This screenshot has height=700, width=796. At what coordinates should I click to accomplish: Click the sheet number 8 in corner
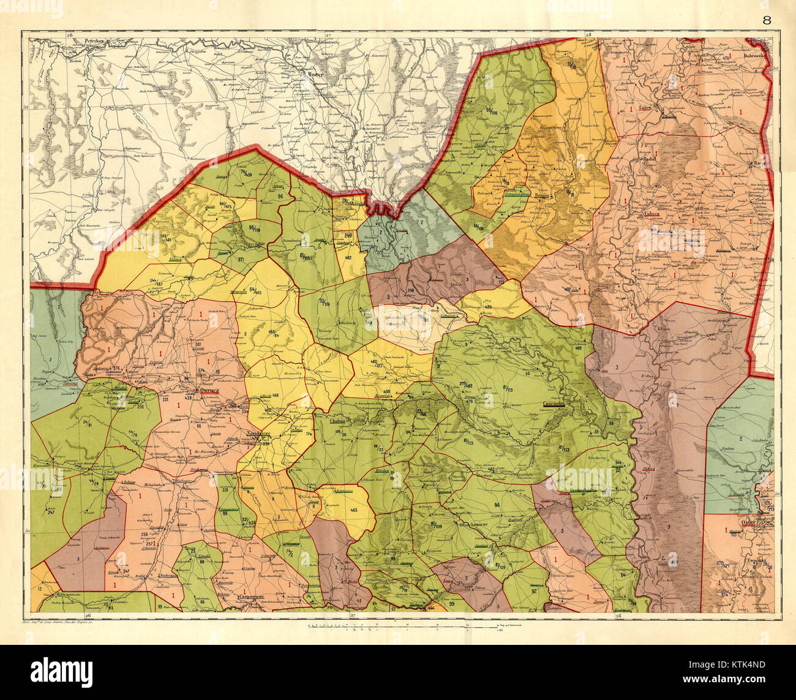767,19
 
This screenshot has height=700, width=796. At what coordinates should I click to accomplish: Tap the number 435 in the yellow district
488,306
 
